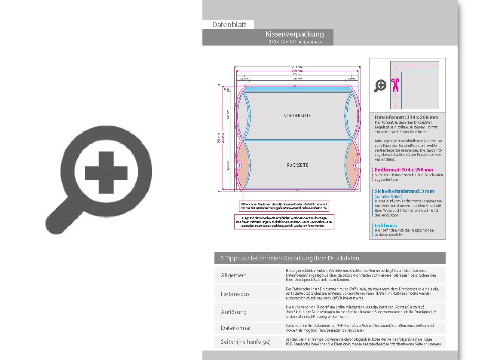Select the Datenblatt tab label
pos(229,24)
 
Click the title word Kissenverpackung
pos(294,34)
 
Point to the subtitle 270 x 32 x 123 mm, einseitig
pos(295,42)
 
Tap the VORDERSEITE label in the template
pos(297,116)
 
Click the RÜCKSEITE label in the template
pos(298,165)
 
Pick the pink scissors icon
pos(395,85)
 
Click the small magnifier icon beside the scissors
pos(380,86)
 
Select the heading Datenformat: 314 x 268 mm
pos(407,117)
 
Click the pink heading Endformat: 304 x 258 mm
pos(404,170)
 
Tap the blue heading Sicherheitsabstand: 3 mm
pos(404,191)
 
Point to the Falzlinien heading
pos(386,226)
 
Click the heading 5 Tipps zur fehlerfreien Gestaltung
pos(290,258)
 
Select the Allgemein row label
pos(234,275)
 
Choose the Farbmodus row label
pos(235,294)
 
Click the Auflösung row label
pos(234,312)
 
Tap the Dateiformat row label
pos(236,328)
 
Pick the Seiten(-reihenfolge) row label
pos(246,342)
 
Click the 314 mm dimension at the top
pos(297,67)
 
